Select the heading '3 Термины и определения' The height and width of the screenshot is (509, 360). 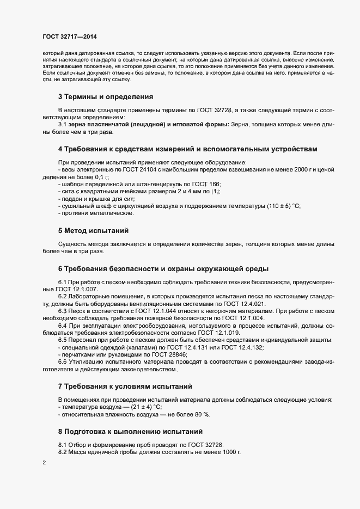[x=106, y=97]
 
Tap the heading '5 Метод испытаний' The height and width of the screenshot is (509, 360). [x=93, y=231]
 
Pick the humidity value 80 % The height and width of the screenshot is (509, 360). [x=202, y=414]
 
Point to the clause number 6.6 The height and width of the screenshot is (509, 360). [x=63, y=361]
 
